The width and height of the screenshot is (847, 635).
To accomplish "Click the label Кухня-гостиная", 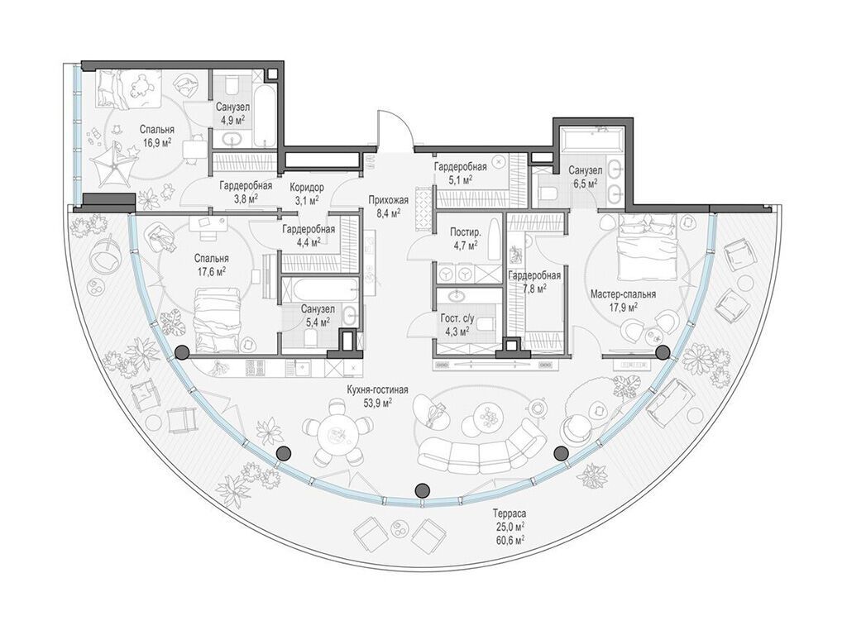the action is tap(377, 390).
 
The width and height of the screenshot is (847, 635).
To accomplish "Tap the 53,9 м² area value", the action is tap(377, 403).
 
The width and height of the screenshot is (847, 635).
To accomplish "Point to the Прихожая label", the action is tap(389, 200).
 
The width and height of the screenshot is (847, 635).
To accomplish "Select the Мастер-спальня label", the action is tap(623, 294).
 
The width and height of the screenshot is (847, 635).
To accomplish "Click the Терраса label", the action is tap(509, 513).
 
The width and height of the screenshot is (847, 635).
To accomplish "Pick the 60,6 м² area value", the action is tap(509, 539).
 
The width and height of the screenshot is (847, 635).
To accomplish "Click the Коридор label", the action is tap(307, 188).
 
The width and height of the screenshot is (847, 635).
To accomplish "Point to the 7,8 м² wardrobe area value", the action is tap(534, 288).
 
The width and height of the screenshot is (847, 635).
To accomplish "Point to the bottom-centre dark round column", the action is tap(422, 490).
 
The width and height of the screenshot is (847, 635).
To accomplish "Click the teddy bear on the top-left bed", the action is tap(141, 85).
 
